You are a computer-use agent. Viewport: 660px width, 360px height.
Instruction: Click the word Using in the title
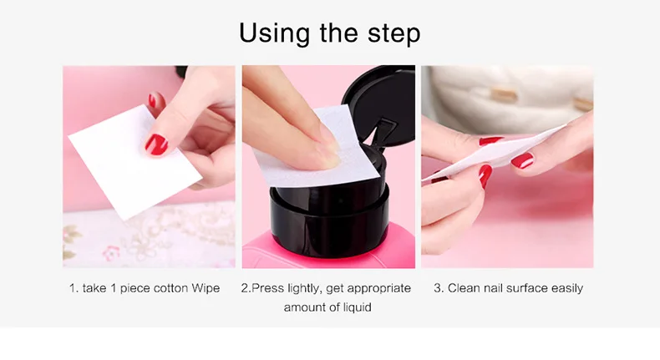pyautogui.click(x=274, y=33)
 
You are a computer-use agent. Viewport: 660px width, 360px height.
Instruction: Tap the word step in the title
pyautogui.click(x=394, y=33)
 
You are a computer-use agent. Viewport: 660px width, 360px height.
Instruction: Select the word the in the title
pyautogui.click(x=338, y=32)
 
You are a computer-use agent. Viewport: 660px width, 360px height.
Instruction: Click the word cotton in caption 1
pyautogui.click(x=170, y=288)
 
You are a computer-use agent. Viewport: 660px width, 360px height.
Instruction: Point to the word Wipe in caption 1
pyautogui.click(x=206, y=288)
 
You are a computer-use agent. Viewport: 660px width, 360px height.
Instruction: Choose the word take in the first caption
pyautogui.click(x=94, y=288)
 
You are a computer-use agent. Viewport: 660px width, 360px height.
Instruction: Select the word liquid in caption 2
pyautogui.click(x=356, y=307)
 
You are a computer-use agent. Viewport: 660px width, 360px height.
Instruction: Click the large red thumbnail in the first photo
pyautogui.click(x=156, y=145)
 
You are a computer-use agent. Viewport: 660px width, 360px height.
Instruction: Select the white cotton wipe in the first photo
pyautogui.click(x=135, y=162)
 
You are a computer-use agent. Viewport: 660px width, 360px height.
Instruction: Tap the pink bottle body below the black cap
pyautogui.click(x=328, y=251)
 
